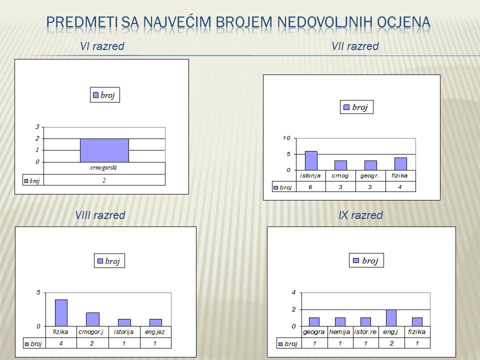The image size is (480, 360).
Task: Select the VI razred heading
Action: click(x=102, y=46)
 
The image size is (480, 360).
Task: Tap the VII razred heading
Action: click(x=355, y=46)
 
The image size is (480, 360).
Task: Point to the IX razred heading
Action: click(x=360, y=215)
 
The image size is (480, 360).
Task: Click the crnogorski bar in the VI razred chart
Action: click(x=104, y=150)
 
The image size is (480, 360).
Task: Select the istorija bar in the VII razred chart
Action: click(x=311, y=160)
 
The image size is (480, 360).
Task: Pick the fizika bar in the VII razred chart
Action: click(x=400, y=164)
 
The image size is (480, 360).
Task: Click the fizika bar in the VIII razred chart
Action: click(x=61, y=313)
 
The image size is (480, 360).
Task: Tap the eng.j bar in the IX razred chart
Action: click(x=391, y=318)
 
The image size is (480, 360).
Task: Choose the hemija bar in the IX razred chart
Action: click(x=340, y=321)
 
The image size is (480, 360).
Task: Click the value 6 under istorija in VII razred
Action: click(x=310, y=186)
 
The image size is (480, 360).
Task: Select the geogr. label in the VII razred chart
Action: click(x=370, y=175)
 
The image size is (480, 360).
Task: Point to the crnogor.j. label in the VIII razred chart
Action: click(x=91, y=332)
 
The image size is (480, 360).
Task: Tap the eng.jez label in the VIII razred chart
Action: click(x=155, y=332)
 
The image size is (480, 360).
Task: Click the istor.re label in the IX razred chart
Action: click(x=365, y=331)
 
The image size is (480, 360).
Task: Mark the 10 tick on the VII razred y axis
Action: click(x=286, y=138)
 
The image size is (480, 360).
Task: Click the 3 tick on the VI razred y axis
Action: click(x=37, y=126)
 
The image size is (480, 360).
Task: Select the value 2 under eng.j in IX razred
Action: click(x=391, y=343)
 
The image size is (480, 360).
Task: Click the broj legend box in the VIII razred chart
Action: click(x=109, y=261)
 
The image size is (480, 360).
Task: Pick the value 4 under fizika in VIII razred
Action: click(x=61, y=343)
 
